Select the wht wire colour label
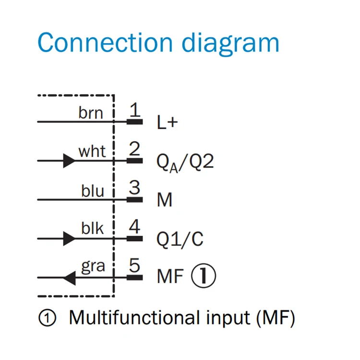click(92, 151)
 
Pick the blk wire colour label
click(92, 228)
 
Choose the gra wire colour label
click(93, 266)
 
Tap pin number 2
click(135, 149)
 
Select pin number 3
click(135, 188)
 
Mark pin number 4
click(135, 227)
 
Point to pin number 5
click(135, 265)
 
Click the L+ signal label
click(167, 122)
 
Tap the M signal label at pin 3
click(165, 200)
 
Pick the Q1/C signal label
click(180, 239)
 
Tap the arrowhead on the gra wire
click(70, 277)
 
